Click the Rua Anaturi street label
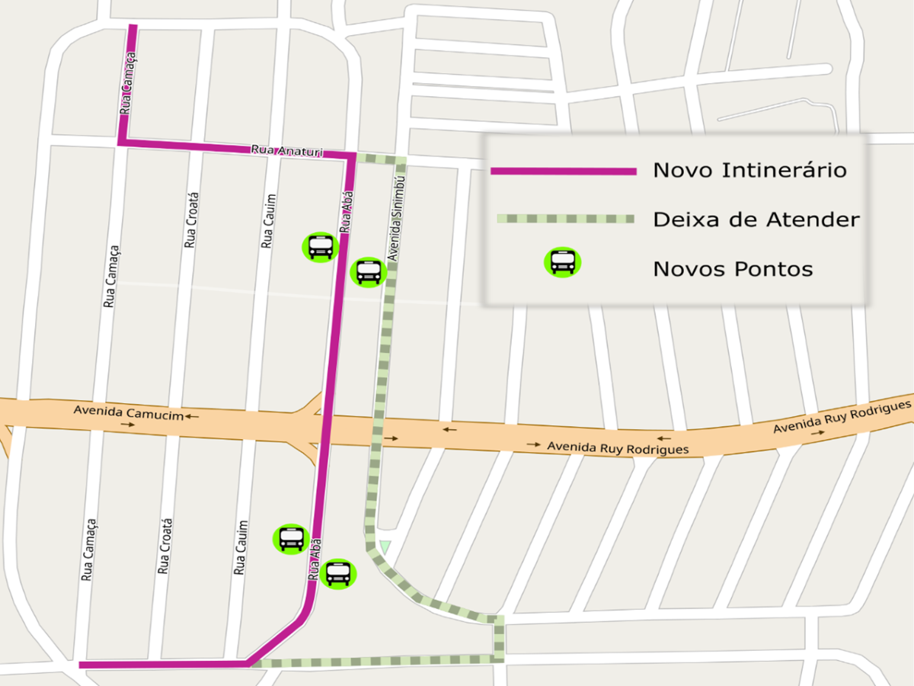pyautogui.click(x=287, y=150)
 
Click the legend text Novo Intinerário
pyautogui.click(x=749, y=170)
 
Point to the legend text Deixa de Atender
pyautogui.click(x=756, y=220)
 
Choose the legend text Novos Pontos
pyautogui.click(x=733, y=269)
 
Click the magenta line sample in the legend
pyautogui.click(x=563, y=171)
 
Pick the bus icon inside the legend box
pyautogui.click(x=562, y=261)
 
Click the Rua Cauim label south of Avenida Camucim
pyautogui.click(x=241, y=547)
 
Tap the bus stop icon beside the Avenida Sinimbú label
pyautogui.click(x=368, y=271)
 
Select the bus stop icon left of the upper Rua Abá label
pyautogui.click(x=321, y=247)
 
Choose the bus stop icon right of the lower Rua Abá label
pyautogui.click(x=337, y=573)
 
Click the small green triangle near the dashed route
pyautogui.click(x=385, y=547)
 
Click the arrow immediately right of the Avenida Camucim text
pyautogui.click(x=191, y=416)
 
